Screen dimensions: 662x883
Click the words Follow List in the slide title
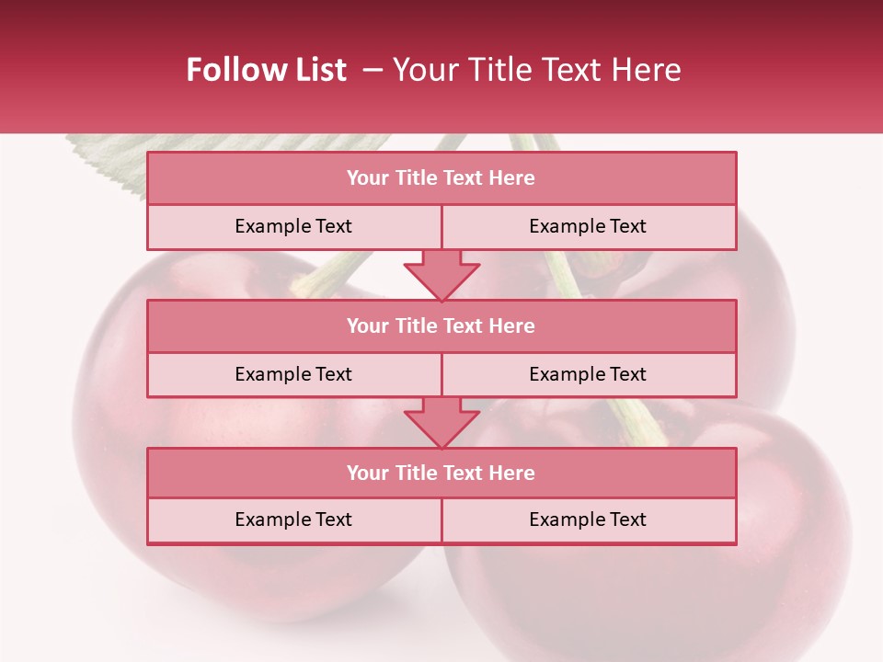tap(267, 70)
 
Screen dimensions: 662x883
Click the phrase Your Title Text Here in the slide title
tap(537, 70)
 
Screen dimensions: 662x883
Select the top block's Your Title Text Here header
tap(441, 178)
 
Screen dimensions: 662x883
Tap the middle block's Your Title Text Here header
tap(441, 325)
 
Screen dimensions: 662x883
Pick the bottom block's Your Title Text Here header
tap(441, 473)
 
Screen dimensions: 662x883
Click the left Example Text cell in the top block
tap(293, 226)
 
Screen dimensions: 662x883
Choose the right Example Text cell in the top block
tap(588, 226)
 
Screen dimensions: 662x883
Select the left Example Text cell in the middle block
tap(293, 374)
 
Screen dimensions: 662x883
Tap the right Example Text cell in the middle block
tap(588, 374)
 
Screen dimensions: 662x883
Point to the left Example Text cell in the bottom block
tap(293, 519)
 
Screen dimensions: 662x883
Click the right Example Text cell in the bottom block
tap(588, 519)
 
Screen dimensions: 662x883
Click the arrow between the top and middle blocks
tap(441, 275)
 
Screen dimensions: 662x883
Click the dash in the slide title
tap(373, 70)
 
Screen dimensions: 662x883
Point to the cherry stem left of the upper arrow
tap(340, 272)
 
